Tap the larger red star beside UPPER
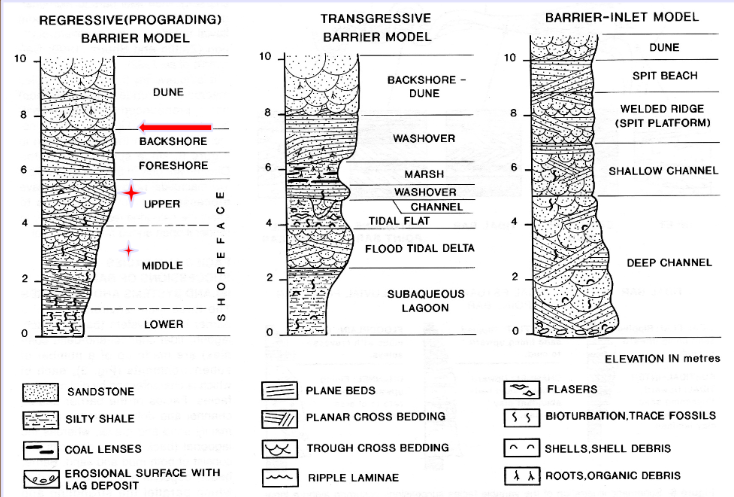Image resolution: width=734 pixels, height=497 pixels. click(130, 192)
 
